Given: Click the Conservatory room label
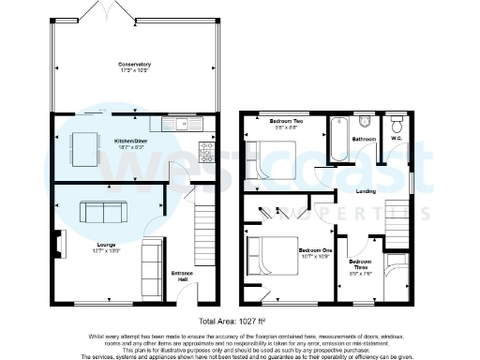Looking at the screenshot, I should point(134,65).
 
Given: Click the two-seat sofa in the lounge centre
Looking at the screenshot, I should point(97,212).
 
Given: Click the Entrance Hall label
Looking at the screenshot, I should point(181,276).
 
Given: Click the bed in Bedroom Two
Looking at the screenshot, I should point(270,157).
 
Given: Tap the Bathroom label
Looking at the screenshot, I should point(364,139).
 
